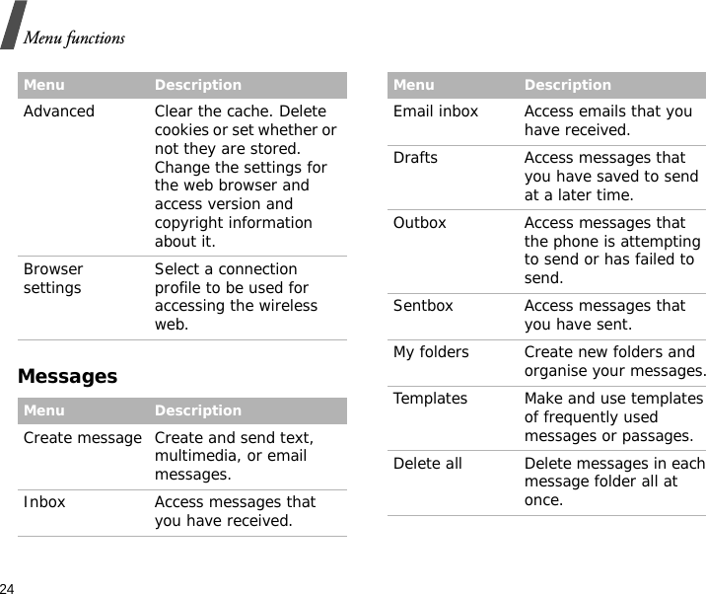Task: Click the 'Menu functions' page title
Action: pos(74,38)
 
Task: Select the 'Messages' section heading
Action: pos(67,376)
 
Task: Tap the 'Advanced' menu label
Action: pos(59,111)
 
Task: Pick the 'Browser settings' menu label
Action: pos(53,278)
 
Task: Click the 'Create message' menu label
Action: pos(83,437)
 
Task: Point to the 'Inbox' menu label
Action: pos(44,502)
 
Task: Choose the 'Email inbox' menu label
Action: pos(436,111)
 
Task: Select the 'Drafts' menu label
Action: pos(415,158)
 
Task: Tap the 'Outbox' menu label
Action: pos(420,223)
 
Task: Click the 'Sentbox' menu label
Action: pos(423,306)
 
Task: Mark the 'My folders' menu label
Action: pos(431,352)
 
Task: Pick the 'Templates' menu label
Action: pos(430,399)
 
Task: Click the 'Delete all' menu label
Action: pos(427,464)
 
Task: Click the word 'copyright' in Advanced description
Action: pos(186,223)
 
